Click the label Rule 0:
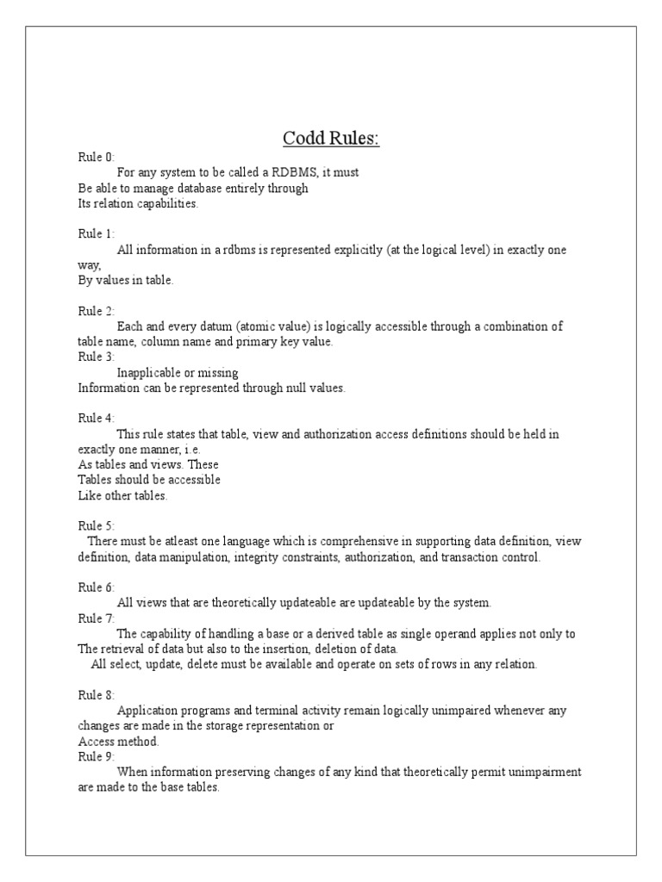96,157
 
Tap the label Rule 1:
96,233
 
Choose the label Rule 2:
96,311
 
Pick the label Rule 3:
96,357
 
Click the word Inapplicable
148,372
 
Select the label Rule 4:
96,419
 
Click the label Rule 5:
96,525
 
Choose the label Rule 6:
96,587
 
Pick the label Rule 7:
96,618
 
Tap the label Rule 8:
96,694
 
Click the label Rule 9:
96,756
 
